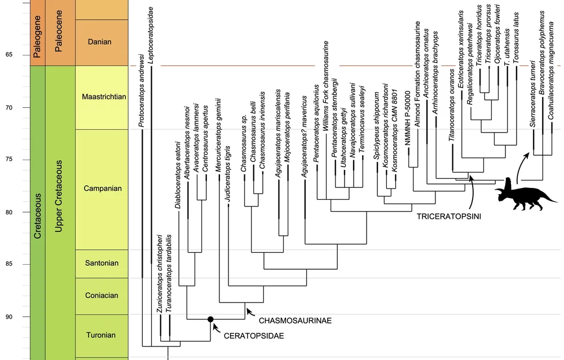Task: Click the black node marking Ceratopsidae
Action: pos(210,319)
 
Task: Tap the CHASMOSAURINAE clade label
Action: pos(294,321)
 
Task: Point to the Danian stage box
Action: pos(100,42)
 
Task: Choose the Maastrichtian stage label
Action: pos(103,96)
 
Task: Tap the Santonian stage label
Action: pos(100,263)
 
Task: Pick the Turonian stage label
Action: pos(100,335)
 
